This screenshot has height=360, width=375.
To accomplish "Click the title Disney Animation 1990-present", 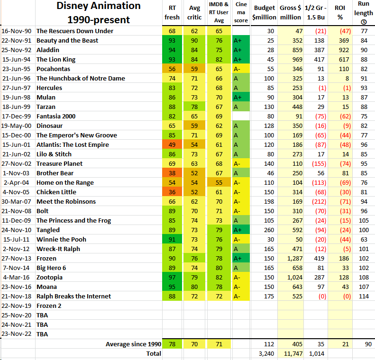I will click(x=99, y=13).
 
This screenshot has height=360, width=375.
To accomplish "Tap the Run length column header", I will click(x=363, y=13).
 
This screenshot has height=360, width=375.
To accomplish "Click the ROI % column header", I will click(x=340, y=13).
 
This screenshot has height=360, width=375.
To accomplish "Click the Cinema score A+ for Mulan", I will click(x=238, y=97).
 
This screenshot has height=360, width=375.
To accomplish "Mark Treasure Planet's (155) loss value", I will click(x=315, y=163).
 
